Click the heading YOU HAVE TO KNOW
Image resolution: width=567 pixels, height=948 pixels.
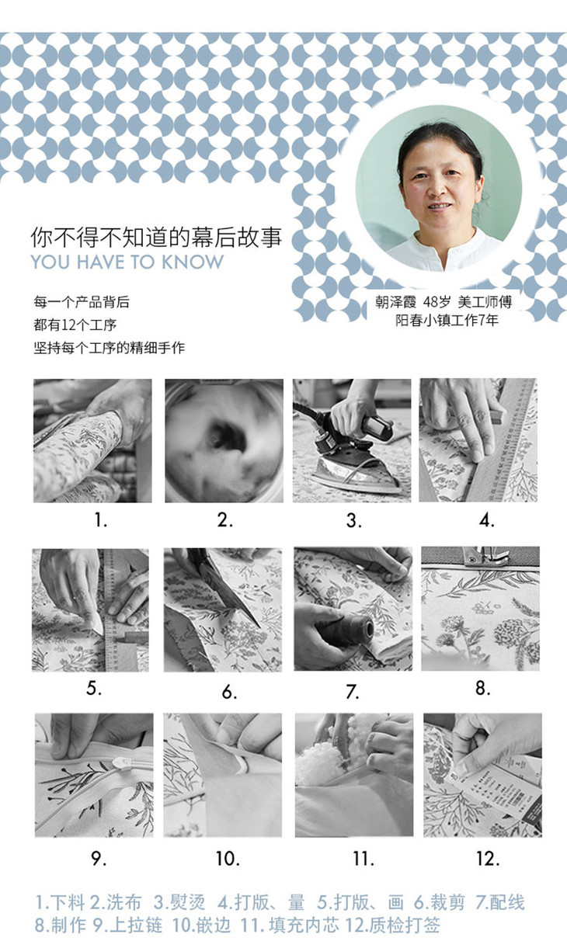pos(127,262)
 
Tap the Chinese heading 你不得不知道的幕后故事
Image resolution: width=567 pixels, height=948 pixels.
pos(156,237)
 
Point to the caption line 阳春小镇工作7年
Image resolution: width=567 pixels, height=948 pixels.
pos(447,321)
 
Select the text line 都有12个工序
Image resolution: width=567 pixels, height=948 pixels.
pos(75,325)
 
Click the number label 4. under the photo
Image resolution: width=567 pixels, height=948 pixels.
pos(486,520)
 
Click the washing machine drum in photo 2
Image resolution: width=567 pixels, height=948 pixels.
pos(224,441)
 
